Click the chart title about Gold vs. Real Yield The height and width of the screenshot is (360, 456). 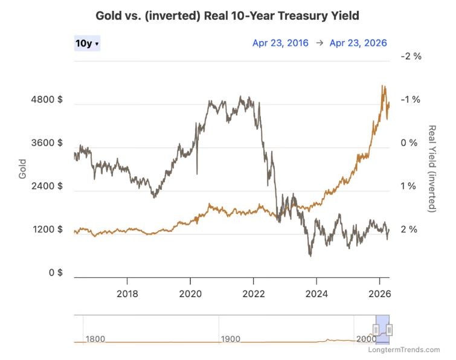click(x=227, y=16)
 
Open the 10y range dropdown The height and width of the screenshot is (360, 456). click(x=87, y=43)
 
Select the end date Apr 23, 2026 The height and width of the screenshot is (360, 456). click(x=358, y=43)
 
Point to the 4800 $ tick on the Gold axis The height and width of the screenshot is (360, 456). click(x=48, y=100)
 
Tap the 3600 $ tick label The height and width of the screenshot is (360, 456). click(x=48, y=143)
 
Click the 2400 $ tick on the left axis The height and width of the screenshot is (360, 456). click(x=48, y=187)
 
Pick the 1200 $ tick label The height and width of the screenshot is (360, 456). click(x=48, y=230)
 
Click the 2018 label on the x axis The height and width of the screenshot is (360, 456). click(x=127, y=295)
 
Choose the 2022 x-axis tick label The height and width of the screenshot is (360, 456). click(x=253, y=295)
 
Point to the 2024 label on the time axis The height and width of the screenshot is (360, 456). click(x=316, y=295)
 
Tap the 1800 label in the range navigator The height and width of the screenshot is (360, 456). click(x=95, y=339)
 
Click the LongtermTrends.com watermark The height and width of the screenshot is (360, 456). click(x=408, y=350)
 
